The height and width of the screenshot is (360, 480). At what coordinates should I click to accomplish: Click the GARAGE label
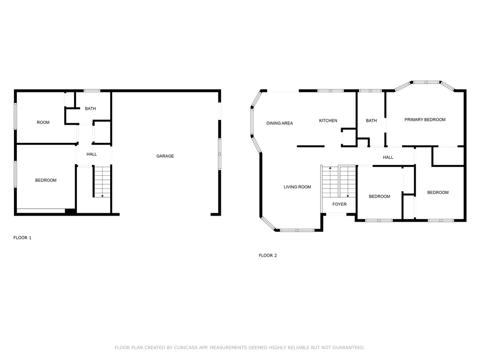pyautogui.click(x=165, y=156)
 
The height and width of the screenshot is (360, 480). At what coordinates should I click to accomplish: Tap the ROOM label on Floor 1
pyautogui.click(x=43, y=122)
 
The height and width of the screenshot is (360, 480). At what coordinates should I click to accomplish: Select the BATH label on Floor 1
pyautogui.click(x=90, y=109)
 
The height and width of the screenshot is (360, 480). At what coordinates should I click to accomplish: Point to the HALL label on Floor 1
pyautogui.click(x=91, y=154)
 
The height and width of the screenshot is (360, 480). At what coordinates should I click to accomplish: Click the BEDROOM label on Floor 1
pyautogui.click(x=45, y=180)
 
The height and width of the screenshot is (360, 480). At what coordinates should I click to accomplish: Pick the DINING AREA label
pyautogui.click(x=279, y=123)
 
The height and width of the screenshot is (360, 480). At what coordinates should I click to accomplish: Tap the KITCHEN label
pyautogui.click(x=328, y=120)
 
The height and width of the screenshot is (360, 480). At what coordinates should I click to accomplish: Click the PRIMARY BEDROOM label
pyautogui.click(x=425, y=120)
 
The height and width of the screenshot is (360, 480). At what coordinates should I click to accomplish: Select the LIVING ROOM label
pyautogui.click(x=297, y=187)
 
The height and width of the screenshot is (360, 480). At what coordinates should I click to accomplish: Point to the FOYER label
pyautogui.click(x=339, y=204)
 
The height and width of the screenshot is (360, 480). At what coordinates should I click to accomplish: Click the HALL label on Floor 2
pyautogui.click(x=388, y=157)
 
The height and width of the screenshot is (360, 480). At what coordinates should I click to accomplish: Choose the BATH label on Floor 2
pyautogui.click(x=371, y=120)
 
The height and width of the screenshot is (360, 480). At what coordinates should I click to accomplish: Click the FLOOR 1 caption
pyautogui.click(x=22, y=238)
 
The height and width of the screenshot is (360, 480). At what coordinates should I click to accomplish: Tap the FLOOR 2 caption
pyautogui.click(x=268, y=255)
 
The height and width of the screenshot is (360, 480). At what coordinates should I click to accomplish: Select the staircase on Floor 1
pyautogui.click(x=102, y=182)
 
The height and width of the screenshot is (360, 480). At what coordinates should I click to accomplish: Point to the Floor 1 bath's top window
pyautogui.click(x=92, y=90)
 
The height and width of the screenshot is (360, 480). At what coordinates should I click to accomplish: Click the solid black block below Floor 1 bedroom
pyautogui.click(x=70, y=211)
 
